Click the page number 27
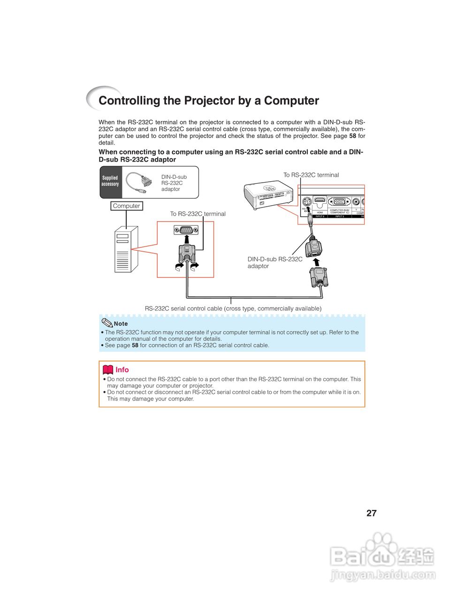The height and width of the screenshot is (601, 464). (371, 513)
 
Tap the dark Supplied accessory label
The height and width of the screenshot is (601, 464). (110, 181)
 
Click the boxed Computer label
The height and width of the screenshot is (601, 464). (126, 206)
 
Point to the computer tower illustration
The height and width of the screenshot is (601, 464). (126, 249)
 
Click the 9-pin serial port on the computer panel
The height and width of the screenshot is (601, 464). (186, 230)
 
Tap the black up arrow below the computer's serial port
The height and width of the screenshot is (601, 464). (187, 240)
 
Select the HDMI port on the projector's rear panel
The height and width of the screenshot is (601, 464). (320, 202)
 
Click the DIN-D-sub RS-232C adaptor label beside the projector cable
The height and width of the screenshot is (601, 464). (274, 262)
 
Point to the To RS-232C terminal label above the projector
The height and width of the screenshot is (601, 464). (311, 175)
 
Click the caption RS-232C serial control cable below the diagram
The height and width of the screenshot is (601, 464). (233, 308)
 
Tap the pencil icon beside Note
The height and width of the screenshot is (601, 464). (107, 323)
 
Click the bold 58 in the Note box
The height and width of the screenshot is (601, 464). (135, 345)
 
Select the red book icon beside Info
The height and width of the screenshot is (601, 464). (108, 370)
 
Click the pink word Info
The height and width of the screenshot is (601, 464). (122, 370)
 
